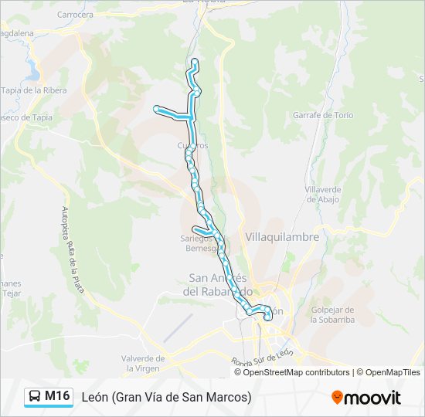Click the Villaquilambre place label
[281, 237]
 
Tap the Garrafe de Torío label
[323, 115]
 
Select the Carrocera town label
[75, 14]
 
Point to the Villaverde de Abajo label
[322, 194]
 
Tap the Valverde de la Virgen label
[143, 363]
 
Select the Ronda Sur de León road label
[263, 358]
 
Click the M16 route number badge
[57, 396]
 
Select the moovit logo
[366, 397]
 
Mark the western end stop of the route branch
[157, 108]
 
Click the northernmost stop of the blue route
[195, 61]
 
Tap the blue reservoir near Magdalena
[32, 74]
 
